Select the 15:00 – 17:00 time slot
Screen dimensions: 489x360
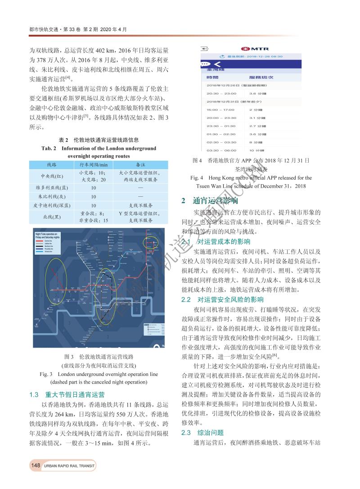(220, 109)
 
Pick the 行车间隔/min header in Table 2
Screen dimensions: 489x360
(94, 165)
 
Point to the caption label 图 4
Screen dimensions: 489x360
(197, 160)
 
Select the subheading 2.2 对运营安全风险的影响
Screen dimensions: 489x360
(222, 299)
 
